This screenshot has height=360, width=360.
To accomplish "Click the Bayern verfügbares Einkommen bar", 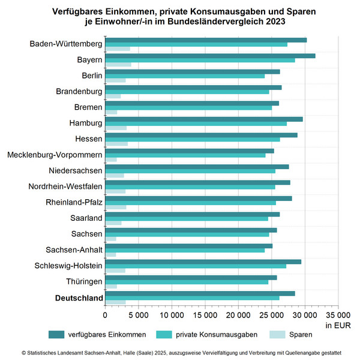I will pos(210,56).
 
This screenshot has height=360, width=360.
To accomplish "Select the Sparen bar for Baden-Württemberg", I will pos(118,49).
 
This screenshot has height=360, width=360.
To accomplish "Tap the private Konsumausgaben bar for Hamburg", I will pos(196,124).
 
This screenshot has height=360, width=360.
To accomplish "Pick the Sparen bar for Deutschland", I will pos(115,302).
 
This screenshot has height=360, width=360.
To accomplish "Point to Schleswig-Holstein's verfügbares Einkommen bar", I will pos(203,262).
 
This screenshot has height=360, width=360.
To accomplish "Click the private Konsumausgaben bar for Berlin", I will pos(185,76).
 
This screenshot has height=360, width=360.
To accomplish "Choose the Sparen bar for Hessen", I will pos(116,144).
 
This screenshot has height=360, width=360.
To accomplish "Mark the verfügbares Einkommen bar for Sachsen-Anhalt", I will pos(188,246).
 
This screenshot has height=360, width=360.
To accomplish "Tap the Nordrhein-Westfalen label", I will pos(65,186).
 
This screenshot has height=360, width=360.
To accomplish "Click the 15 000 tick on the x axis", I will pos(205,314).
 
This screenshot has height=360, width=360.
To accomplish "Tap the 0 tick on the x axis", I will pos(105,314).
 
